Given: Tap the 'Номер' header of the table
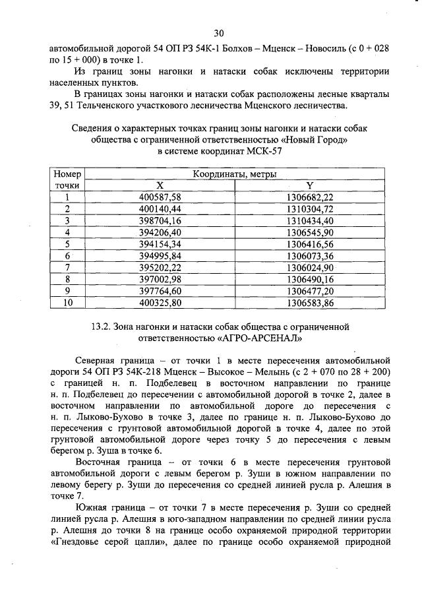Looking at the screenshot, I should (67, 174).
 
